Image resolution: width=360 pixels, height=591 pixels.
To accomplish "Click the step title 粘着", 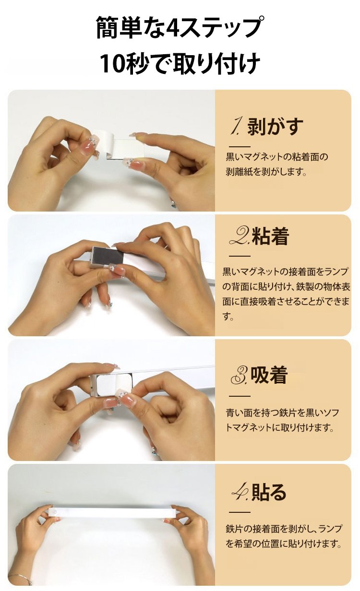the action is point(270,236).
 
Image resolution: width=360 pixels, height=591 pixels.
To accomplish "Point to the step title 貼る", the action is point(269,491).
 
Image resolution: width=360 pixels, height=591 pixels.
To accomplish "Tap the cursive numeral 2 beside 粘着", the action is point(240,236).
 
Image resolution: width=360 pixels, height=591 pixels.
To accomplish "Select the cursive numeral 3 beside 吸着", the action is point(240,376).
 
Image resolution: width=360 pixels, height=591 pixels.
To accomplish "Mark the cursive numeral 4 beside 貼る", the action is point(240,492).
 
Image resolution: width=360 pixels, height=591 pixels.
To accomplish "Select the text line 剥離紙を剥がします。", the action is point(266,172).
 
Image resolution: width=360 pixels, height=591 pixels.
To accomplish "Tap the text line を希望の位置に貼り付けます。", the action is point(284,544).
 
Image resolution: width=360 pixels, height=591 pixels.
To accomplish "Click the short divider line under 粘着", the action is point(240,256).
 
